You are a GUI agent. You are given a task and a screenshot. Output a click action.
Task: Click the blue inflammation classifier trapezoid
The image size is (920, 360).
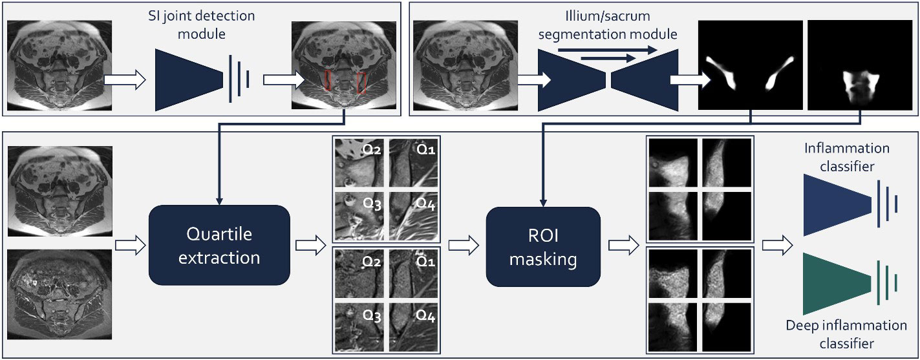pyautogui.click(x=835, y=204)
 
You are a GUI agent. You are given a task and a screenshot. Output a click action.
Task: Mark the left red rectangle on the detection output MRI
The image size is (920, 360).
pyautogui.click(x=328, y=80)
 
